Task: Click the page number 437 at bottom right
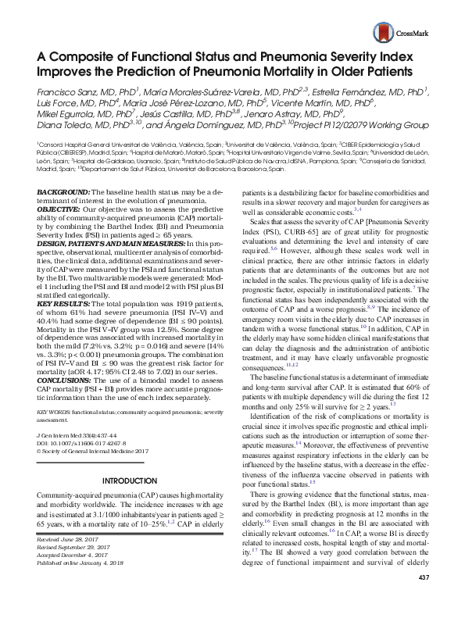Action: point(425,599)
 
